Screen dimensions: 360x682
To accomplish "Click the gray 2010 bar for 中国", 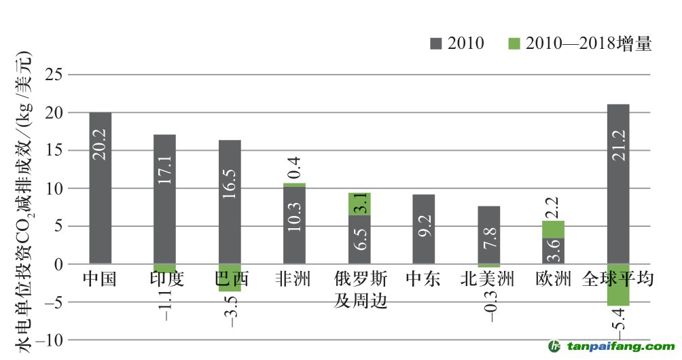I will pyautogui.click(x=101, y=187).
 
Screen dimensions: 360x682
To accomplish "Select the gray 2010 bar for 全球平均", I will pyautogui.click(x=618, y=183).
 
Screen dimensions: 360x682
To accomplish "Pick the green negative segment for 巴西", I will pyautogui.click(x=230, y=277).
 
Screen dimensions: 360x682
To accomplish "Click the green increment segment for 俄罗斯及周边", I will pyautogui.click(x=359, y=204).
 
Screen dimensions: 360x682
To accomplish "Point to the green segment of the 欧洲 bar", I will pyautogui.click(x=554, y=229).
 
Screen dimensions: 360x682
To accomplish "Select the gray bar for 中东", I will pyautogui.click(x=424, y=229).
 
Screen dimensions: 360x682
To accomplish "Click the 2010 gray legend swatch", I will pyautogui.click(x=435, y=44).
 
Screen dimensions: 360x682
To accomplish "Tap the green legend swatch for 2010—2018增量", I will pyautogui.click(x=514, y=44).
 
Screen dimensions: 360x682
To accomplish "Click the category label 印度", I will pyautogui.click(x=164, y=279).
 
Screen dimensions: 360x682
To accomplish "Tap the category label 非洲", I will pyautogui.click(x=294, y=279).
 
